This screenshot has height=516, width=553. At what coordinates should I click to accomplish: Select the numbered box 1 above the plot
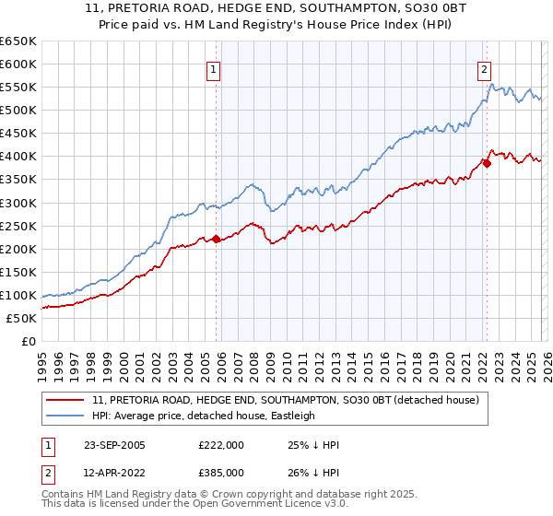point(214,67)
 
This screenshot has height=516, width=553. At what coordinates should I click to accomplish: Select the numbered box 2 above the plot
point(484,67)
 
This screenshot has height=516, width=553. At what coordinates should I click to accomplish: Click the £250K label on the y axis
point(18,226)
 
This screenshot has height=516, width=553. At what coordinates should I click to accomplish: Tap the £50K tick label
point(21,319)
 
